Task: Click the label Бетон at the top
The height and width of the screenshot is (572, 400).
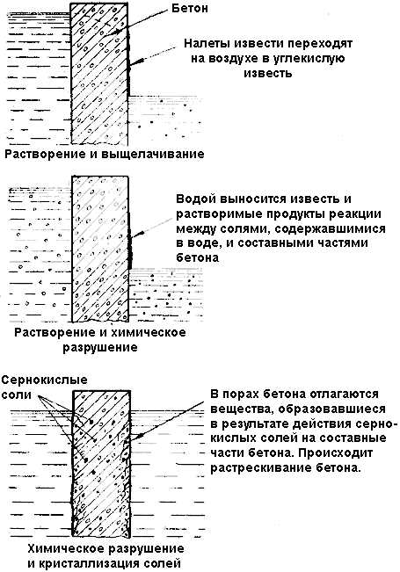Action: click(190, 8)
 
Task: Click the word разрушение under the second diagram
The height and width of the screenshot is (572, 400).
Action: click(100, 347)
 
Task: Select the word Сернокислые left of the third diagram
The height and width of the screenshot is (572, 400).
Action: click(45, 380)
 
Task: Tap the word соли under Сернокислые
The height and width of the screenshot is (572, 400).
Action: click(17, 395)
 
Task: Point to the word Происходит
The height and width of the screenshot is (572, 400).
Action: click(336, 453)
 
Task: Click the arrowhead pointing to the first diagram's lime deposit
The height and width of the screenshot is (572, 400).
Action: click(134, 62)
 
